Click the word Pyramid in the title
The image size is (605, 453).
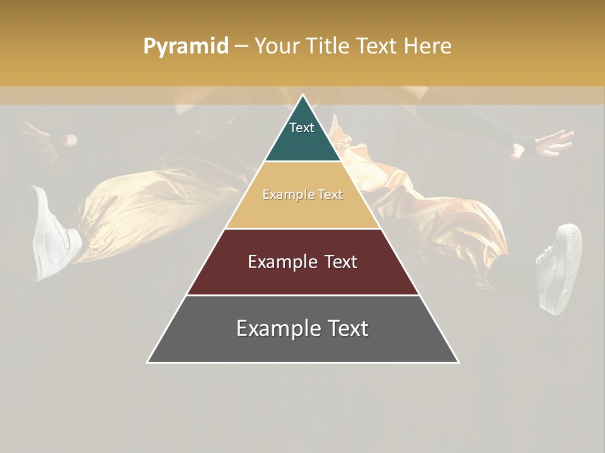point(185,47)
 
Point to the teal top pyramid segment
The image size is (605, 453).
point(302,138)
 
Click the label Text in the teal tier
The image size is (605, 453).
point(302,128)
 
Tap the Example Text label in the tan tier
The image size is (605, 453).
point(302,194)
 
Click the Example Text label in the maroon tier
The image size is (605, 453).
point(302,262)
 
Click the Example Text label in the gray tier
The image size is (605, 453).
point(302,328)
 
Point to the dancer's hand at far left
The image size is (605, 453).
point(39,135)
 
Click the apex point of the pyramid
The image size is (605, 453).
point(303,95)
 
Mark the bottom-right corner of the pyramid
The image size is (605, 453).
point(458,362)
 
